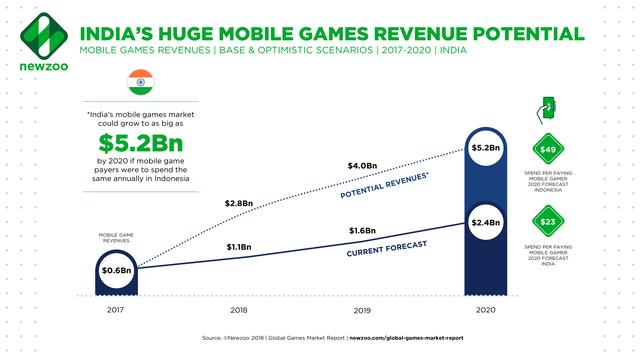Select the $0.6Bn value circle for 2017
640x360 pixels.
(117, 268)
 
